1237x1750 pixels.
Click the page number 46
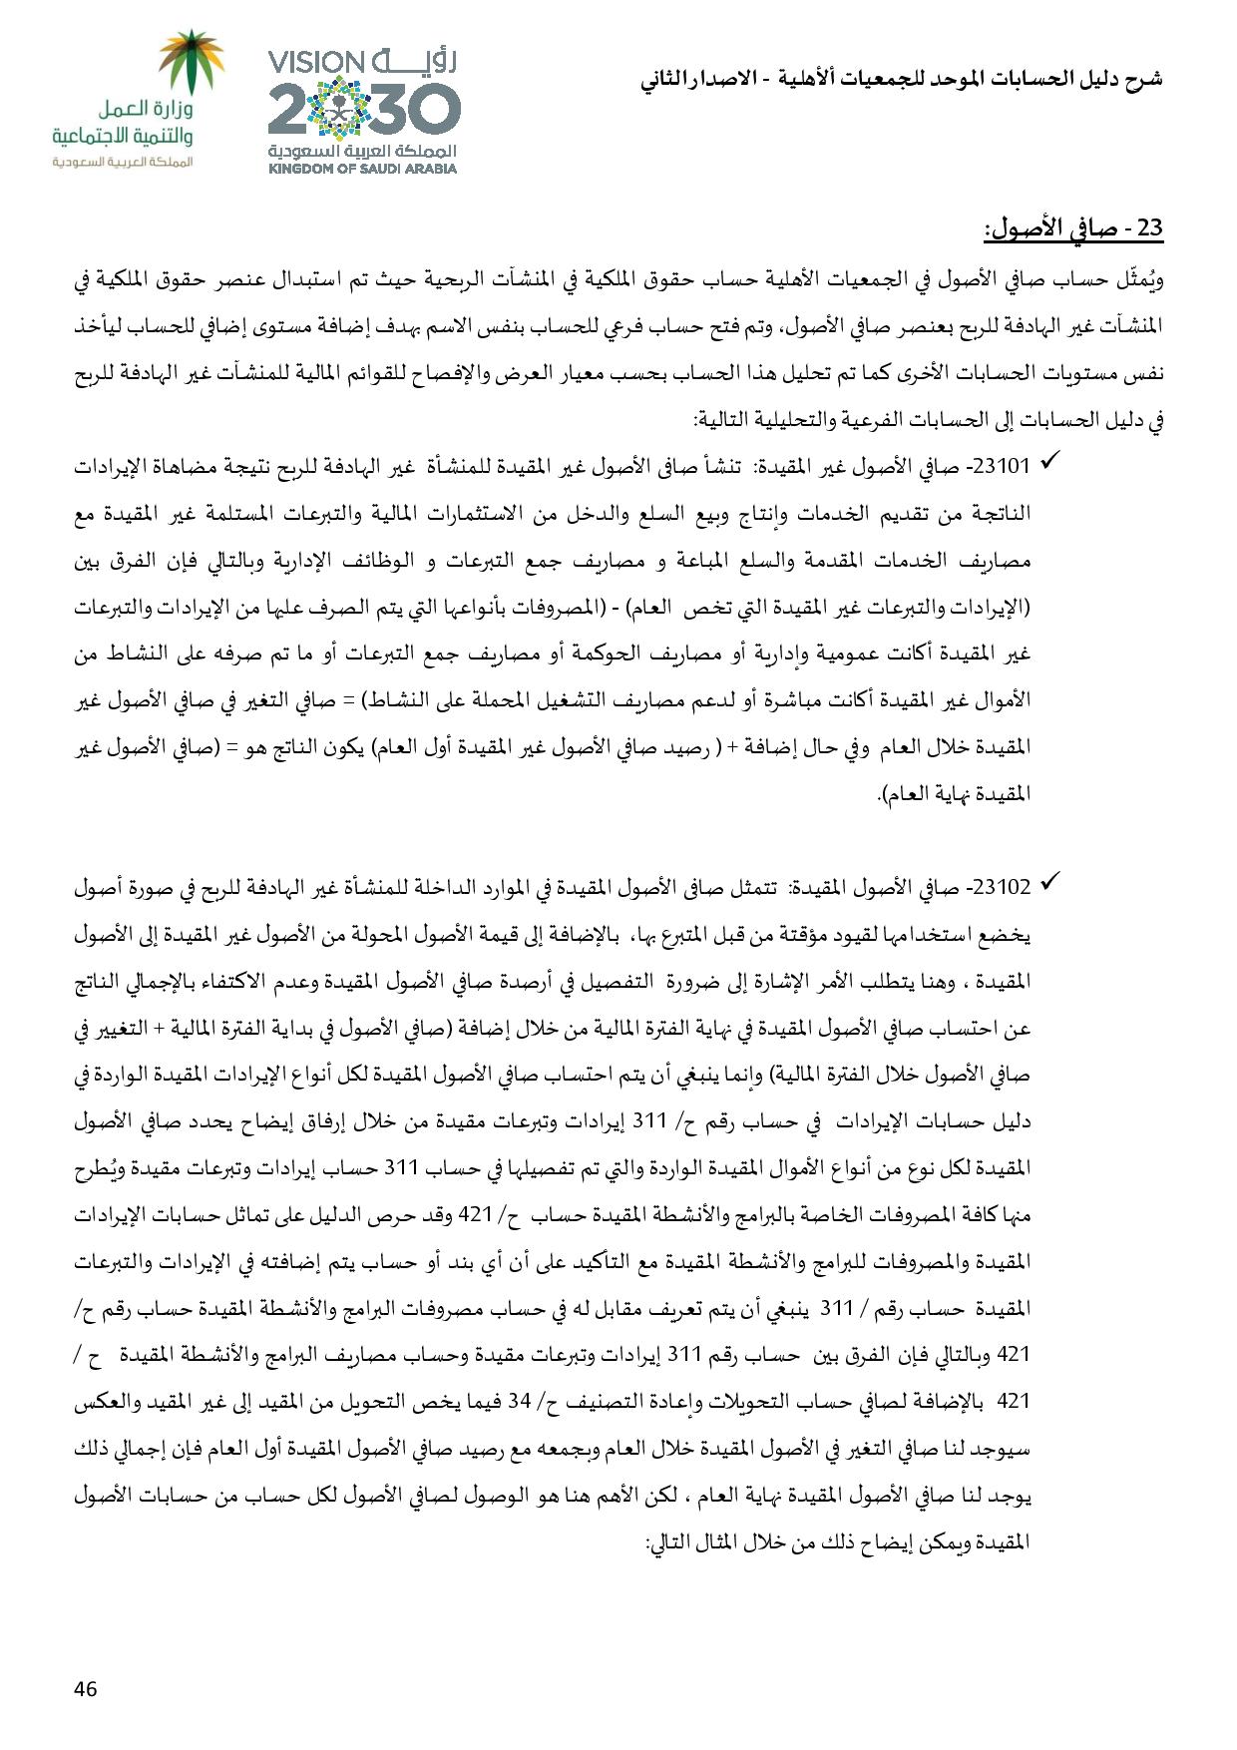(x=86, y=1689)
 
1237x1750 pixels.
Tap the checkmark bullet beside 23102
(x=1048, y=882)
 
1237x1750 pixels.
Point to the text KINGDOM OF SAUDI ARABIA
(x=362, y=169)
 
